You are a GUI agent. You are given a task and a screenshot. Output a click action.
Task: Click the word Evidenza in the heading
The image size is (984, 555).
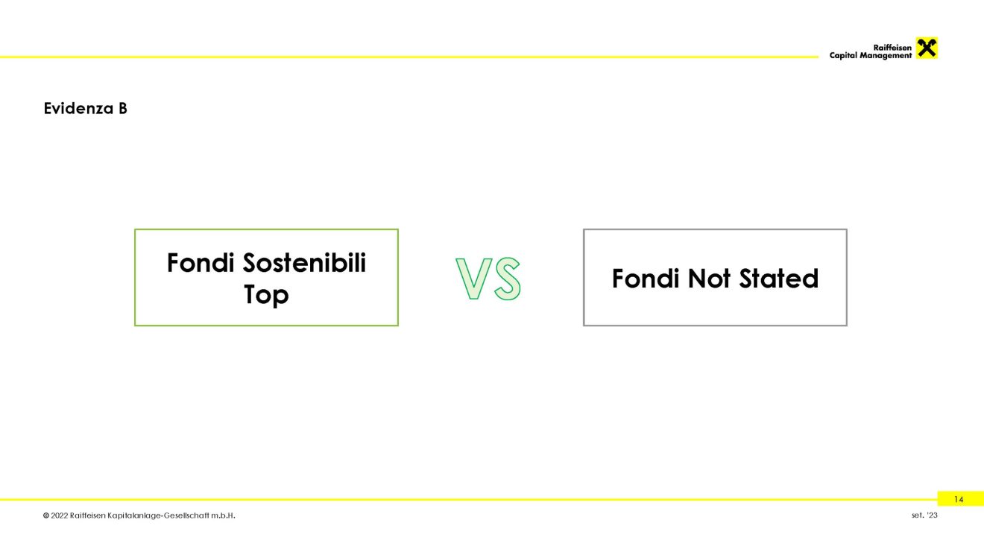(x=78, y=109)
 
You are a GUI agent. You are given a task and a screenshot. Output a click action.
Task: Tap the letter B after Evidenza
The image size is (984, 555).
(x=122, y=109)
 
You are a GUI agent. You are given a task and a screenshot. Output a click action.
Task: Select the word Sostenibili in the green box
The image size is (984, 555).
(x=304, y=263)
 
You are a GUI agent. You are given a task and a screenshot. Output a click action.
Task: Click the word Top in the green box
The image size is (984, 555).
(x=266, y=294)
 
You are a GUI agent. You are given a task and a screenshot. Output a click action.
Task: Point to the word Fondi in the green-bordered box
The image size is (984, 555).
(x=201, y=263)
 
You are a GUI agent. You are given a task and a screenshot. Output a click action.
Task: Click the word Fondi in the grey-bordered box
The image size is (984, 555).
(x=646, y=279)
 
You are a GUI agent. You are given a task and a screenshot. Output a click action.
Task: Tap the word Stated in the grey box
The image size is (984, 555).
(x=779, y=279)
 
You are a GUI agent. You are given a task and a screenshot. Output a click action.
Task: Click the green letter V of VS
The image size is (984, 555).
(x=473, y=279)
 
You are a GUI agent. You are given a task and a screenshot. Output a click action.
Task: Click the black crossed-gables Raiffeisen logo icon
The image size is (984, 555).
(x=927, y=48)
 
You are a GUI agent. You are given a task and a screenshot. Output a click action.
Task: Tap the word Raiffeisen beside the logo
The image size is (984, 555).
(x=892, y=48)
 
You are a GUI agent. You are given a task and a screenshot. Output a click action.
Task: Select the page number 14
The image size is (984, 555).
(x=959, y=500)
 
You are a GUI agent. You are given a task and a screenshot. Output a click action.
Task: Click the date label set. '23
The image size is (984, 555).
(x=924, y=516)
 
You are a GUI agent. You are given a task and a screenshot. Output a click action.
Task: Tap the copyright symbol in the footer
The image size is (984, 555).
(x=46, y=516)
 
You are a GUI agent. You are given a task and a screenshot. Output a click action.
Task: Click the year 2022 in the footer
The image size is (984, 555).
(x=60, y=516)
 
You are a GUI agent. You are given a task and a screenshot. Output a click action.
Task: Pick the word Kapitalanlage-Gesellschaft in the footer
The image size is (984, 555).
(x=158, y=516)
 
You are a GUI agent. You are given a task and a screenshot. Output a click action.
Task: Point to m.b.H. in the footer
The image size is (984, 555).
(x=223, y=516)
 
